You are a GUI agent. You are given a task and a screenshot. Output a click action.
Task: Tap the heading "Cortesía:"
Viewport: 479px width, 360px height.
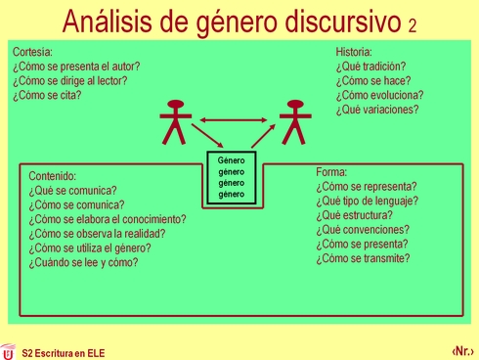(x=33, y=52)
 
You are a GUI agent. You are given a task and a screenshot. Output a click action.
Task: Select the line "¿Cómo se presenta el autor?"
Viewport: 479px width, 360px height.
(x=76, y=67)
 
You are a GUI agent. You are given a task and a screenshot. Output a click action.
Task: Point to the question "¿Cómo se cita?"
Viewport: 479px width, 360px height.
(x=47, y=96)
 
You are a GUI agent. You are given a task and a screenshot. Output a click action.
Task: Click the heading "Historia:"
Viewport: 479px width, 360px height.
(x=354, y=52)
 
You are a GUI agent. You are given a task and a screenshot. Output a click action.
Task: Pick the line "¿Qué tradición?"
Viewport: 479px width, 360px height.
(x=370, y=67)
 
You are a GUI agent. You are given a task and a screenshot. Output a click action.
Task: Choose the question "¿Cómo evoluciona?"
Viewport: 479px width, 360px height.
(x=379, y=96)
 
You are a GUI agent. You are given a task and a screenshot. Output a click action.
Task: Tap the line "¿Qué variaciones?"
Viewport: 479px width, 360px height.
(x=376, y=111)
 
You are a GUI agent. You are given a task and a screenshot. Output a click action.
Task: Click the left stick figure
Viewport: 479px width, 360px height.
(x=175, y=121)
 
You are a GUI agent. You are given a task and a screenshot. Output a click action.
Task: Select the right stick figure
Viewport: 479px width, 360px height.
(x=292, y=121)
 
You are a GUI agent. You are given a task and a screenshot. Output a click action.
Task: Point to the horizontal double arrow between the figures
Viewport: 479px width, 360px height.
(x=234, y=121)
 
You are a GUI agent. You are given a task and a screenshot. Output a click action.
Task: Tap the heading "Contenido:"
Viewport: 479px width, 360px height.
(x=53, y=176)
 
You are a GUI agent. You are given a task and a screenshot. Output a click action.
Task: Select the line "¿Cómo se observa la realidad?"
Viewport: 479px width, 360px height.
(x=97, y=234)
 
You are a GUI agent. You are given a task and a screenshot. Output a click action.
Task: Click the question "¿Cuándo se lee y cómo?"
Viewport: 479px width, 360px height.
(x=83, y=262)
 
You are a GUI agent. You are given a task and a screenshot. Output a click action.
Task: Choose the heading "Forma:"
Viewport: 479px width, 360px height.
(x=331, y=172)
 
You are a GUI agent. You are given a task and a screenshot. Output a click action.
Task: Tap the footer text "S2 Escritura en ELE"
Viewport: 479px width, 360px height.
(x=63, y=352)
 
